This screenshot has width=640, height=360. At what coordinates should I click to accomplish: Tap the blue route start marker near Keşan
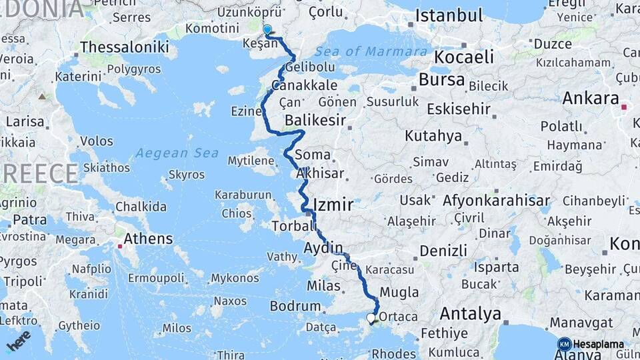point(267,30)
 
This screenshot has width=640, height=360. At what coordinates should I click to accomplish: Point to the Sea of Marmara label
point(371,51)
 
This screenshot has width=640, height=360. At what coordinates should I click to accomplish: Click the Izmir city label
point(333,204)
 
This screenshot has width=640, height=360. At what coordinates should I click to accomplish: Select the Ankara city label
point(591,99)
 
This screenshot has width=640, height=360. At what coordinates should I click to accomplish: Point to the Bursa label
point(441,80)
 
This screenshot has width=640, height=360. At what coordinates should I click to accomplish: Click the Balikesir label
point(315,121)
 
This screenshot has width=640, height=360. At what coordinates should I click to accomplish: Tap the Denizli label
point(443,251)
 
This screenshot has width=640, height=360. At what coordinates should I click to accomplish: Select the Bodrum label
point(295,306)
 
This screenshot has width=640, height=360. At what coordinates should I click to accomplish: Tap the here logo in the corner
point(18,339)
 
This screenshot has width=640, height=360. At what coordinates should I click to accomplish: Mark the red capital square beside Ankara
point(624,107)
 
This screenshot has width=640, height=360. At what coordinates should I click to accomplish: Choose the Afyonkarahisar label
point(497,201)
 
